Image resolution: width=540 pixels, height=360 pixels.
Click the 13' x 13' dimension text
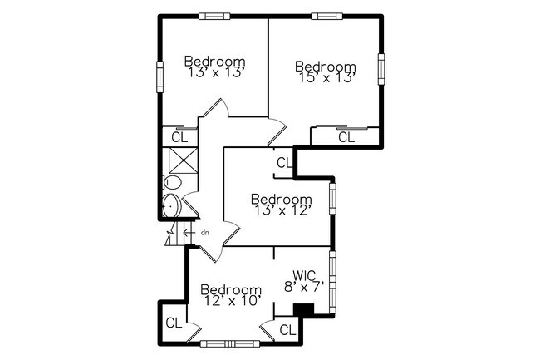[214, 72]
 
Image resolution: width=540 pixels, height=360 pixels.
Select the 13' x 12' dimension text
[282, 210]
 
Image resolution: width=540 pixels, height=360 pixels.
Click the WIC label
[304, 274]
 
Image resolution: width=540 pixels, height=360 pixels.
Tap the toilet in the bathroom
[172, 183]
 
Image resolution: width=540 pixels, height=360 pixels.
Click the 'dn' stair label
[203, 233]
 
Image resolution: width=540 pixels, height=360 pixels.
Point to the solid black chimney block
[304, 310]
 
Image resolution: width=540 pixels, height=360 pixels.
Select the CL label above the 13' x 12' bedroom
[284, 163]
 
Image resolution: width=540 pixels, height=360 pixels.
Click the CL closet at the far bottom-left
[173, 323]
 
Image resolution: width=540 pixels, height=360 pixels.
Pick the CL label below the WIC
[287, 330]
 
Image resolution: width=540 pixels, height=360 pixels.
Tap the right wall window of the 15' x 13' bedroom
[381, 68]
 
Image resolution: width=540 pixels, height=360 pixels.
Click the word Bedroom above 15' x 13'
[325, 67]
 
